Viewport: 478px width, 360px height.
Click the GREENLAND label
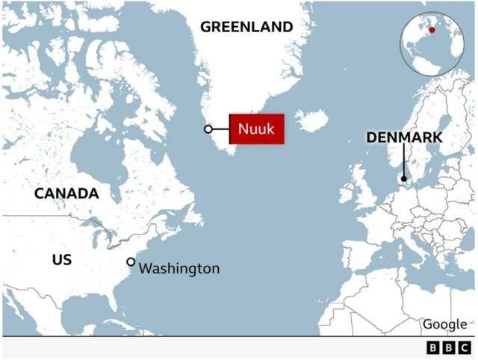(246, 27)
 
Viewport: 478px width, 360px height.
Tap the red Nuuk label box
(256, 130)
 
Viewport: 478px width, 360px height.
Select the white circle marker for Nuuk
(208, 130)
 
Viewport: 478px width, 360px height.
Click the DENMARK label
(404, 137)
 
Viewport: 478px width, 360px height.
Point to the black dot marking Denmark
(404, 179)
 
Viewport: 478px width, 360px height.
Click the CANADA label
(66, 193)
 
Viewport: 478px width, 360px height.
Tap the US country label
(62, 259)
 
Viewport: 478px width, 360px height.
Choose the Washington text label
(179, 268)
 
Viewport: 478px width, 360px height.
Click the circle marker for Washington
(131, 262)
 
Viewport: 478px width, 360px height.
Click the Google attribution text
(445, 324)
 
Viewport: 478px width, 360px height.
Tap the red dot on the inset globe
(431, 31)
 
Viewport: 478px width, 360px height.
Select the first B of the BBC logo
(433, 348)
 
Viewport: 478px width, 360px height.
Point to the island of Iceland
(311, 120)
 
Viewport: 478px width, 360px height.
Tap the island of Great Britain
(367, 187)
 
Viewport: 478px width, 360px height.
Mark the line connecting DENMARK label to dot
(404, 161)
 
